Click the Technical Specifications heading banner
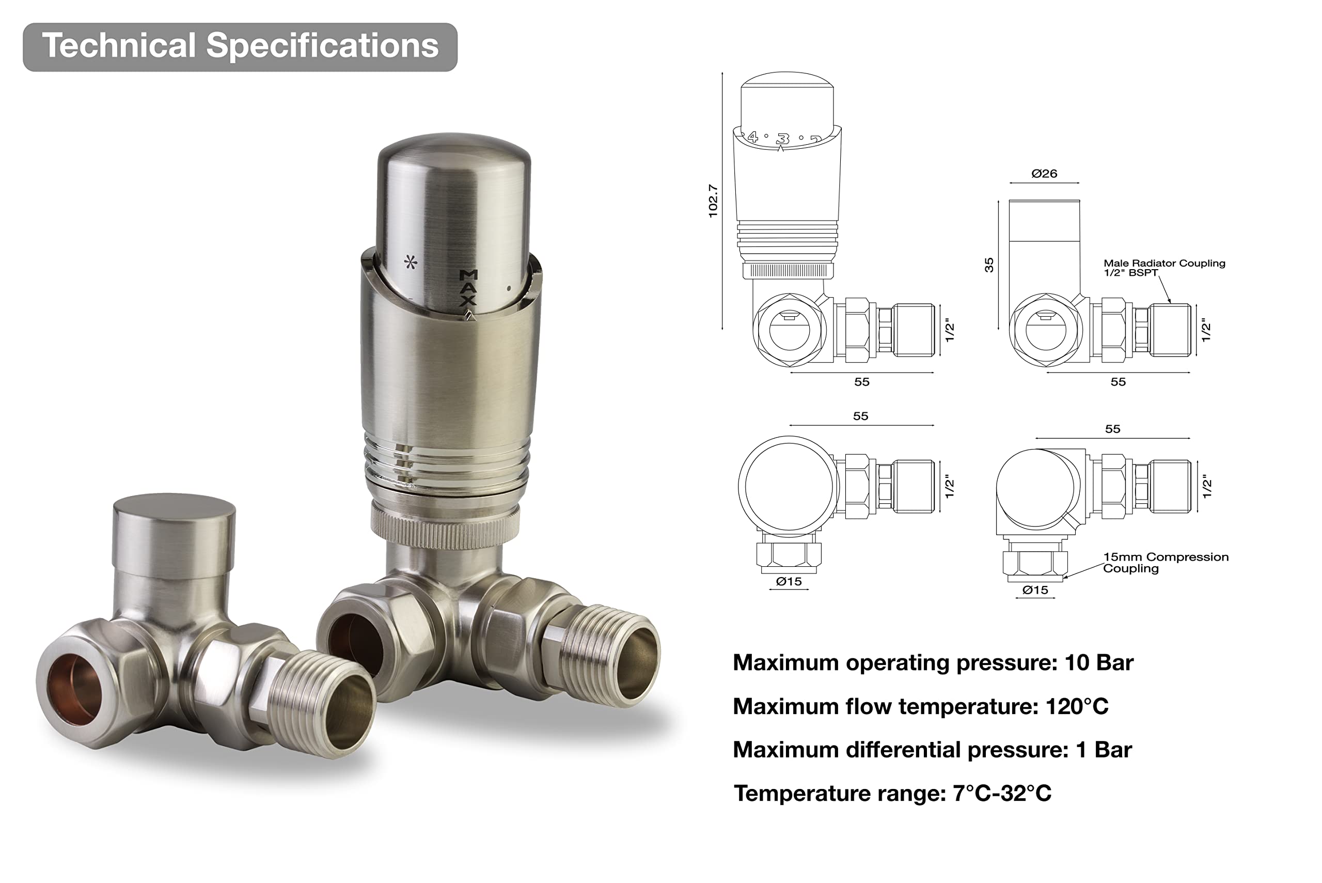(240, 47)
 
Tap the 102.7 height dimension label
(713, 201)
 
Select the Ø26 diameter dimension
(1044, 174)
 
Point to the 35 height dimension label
(989, 265)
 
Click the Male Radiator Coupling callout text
(1164, 268)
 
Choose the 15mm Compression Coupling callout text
(1166, 562)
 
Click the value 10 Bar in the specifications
(1098, 662)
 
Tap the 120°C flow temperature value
(1077, 706)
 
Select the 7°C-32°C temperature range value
(1002, 793)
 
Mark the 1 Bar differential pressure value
(1104, 750)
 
